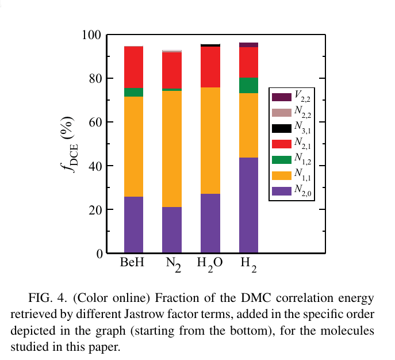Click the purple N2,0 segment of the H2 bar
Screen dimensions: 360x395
click(248, 205)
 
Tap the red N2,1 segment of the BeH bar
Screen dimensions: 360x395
click(133, 67)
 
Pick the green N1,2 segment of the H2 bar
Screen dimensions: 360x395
click(248, 85)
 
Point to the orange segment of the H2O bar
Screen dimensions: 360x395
click(210, 140)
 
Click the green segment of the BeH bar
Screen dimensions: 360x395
click(133, 92)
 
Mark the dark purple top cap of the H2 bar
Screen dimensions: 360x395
click(248, 45)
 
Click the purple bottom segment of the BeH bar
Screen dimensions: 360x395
click(133, 224)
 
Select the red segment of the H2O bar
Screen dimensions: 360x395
click(210, 67)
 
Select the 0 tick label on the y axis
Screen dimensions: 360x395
click(99, 254)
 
